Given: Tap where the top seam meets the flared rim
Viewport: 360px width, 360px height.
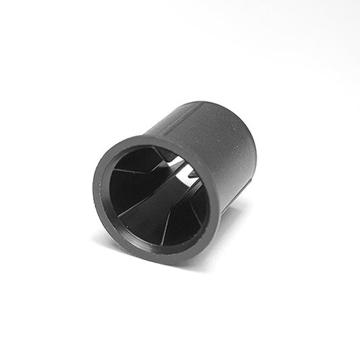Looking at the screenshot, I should (157, 136).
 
